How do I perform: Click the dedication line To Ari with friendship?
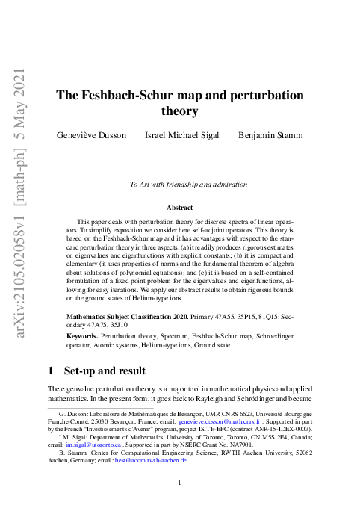(188, 184)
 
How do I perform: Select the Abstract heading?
(179, 208)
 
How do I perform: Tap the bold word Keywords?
(82, 338)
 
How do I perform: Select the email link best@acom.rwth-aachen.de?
(151, 461)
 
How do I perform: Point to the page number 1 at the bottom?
(180, 483)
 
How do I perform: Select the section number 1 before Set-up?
(50, 371)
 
